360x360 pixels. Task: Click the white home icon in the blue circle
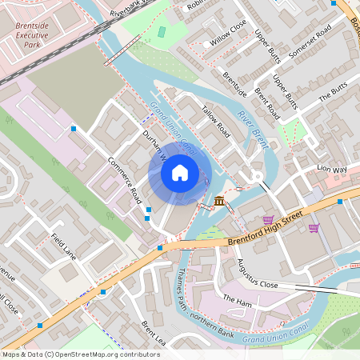(180, 172)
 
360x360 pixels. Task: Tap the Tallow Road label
(215, 122)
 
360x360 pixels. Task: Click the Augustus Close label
(257, 274)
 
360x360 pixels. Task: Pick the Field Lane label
(63, 247)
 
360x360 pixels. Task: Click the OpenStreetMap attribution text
(81, 354)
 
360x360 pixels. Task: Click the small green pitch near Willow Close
(162, 32)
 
